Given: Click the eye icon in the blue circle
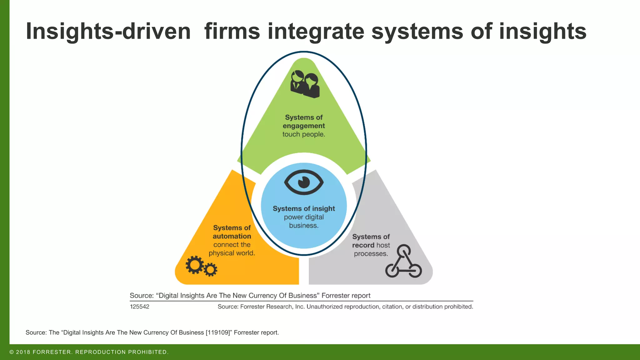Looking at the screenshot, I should coord(304,182).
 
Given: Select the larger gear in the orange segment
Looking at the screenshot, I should coord(194,265).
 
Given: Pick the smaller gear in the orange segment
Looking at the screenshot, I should coord(210,270).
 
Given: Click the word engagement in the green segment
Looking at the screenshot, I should coord(304,126).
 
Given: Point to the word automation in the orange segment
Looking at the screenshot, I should coord(232,236).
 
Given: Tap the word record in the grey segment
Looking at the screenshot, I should coord(363,245).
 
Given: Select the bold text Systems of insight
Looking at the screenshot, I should coord(304,208).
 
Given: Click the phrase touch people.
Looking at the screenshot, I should coord(304,134).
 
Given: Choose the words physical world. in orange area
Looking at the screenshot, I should coord(232,253).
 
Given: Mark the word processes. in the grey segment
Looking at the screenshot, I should coord(371,254).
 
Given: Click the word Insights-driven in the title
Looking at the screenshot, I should coord(108,32).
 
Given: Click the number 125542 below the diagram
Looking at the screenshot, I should coord(140,307).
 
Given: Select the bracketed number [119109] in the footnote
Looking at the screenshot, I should coord(217,332).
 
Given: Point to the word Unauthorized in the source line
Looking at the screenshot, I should coord(324,307).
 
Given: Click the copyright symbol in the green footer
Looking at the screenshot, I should coord(12,352).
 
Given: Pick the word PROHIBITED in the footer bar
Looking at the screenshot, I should coord(147,352).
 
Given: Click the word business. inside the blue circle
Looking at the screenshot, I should coord(304,226).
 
